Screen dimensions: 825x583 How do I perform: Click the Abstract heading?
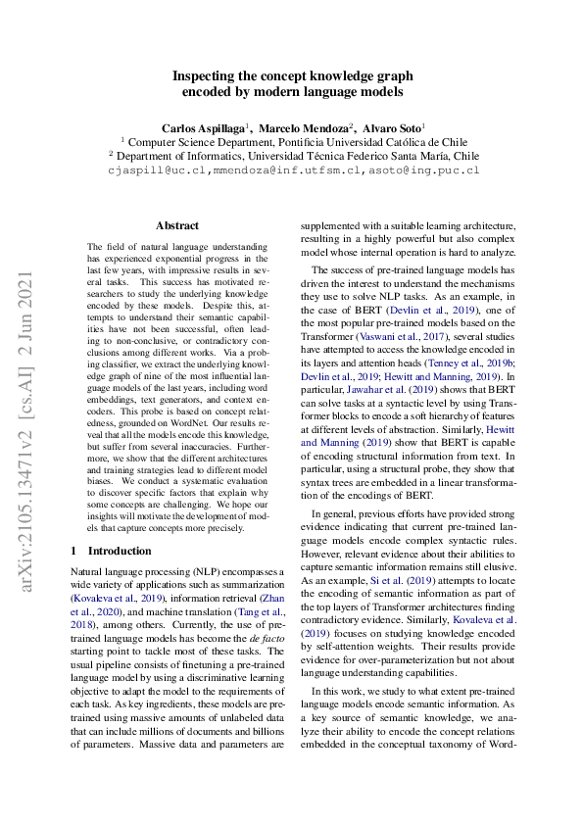point(177,225)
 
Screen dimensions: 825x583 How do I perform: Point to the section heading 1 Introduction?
point(112,551)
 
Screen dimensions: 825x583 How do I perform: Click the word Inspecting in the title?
point(206,75)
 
